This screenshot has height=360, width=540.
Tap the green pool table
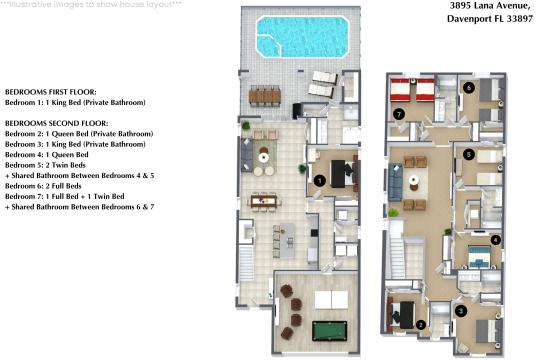(x=327, y=329)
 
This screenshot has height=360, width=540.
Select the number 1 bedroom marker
(x=319, y=180)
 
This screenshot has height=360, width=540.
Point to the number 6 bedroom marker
(x=470, y=88)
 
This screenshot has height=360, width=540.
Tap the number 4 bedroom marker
(x=495, y=239)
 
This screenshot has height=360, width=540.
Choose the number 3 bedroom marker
(x=460, y=311)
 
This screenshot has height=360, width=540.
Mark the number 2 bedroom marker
(x=421, y=323)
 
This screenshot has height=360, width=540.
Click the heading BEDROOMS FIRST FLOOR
(x=50, y=91)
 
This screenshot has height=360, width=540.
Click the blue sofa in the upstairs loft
(x=397, y=180)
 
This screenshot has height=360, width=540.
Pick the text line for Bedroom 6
(x=48, y=186)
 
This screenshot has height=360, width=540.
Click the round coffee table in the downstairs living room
(x=264, y=155)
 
